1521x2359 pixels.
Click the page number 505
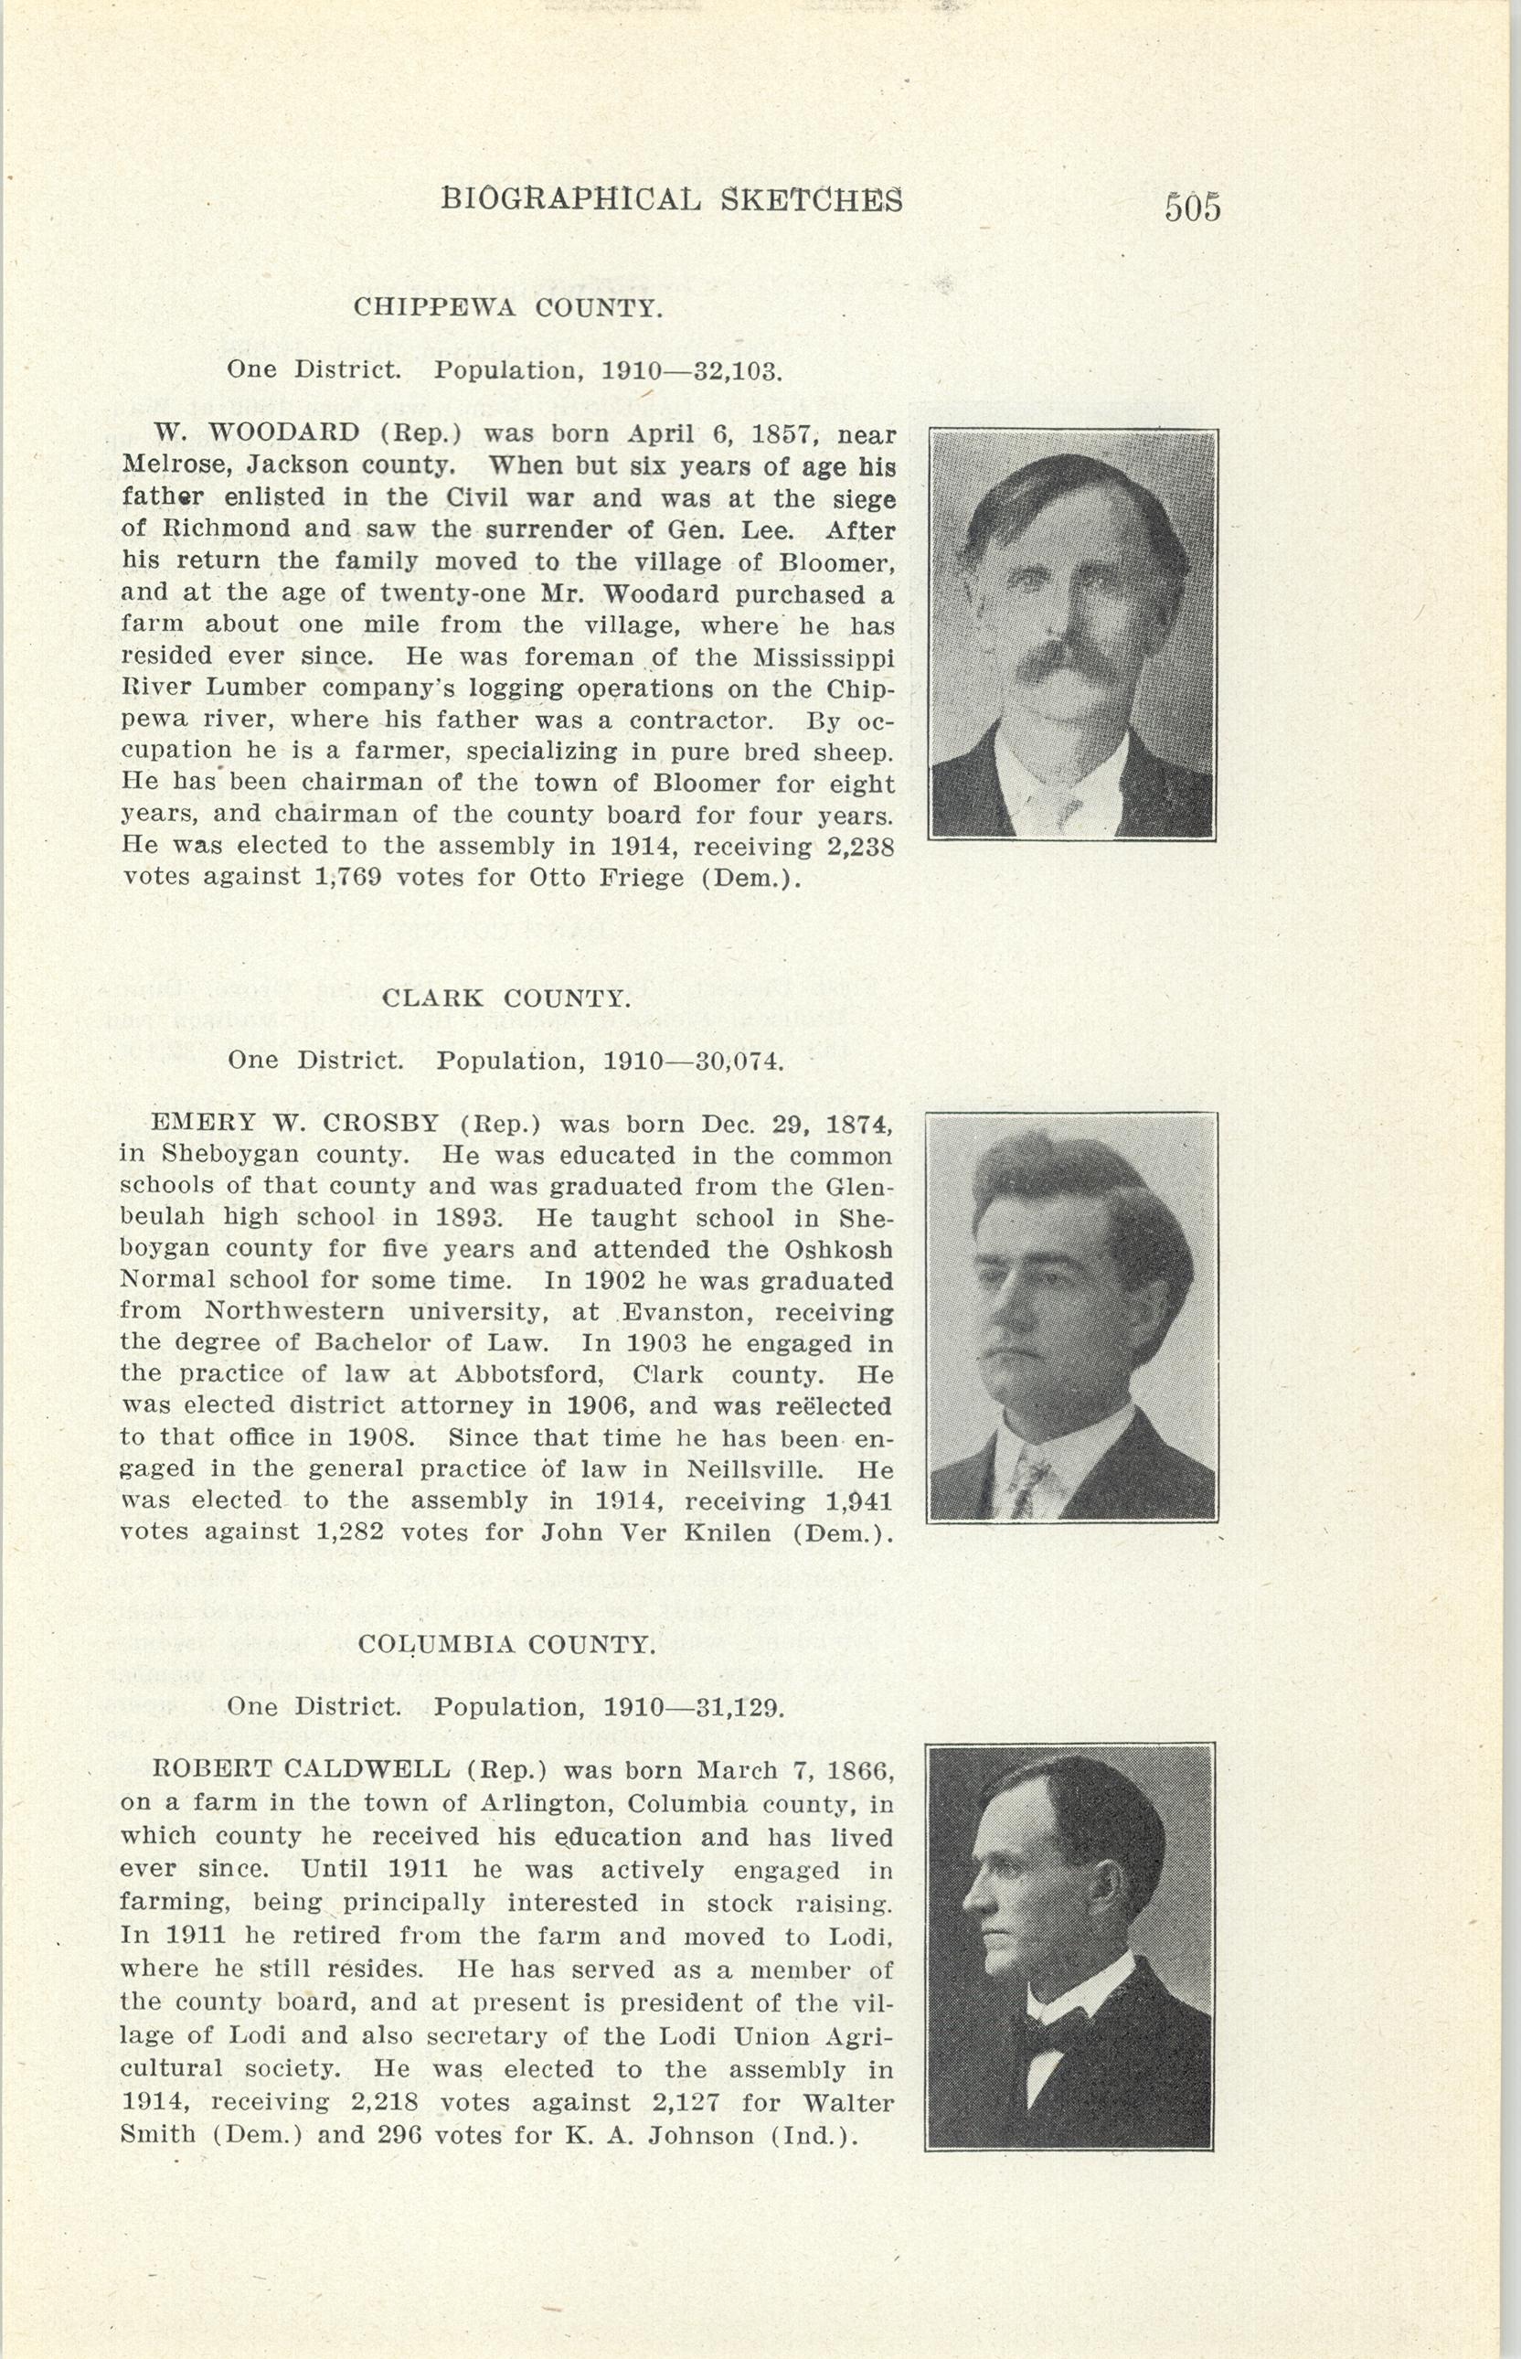(x=1192, y=208)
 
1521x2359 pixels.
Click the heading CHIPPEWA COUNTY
(x=507, y=307)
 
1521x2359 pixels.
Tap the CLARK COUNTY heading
(x=505, y=998)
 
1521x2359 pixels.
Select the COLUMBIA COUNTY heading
(x=505, y=1644)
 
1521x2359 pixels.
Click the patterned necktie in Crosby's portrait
(x=1026, y=1483)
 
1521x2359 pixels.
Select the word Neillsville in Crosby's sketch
(x=755, y=1469)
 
